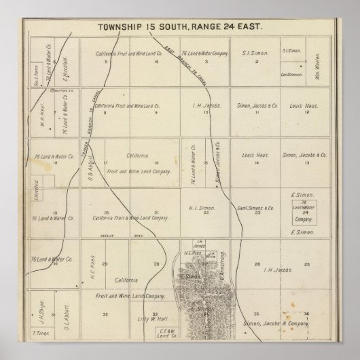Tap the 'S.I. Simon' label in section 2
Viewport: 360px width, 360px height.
tap(256, 52)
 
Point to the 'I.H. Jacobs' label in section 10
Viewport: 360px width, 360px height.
tap(204, 105)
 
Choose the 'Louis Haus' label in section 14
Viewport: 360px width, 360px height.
tap(255, 155)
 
